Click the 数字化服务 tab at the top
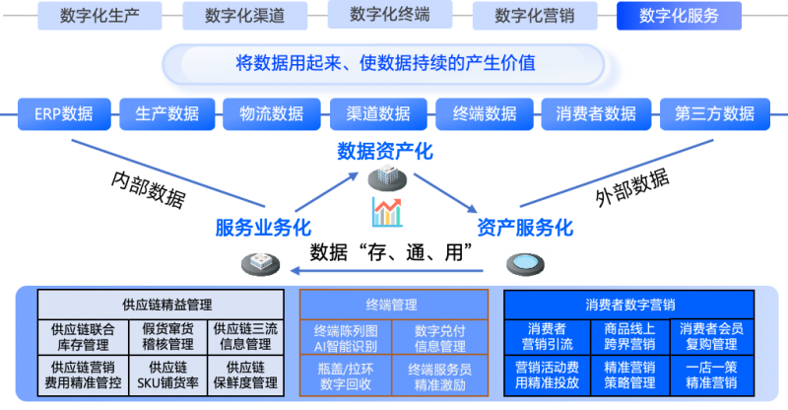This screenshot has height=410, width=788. tap(679, 16)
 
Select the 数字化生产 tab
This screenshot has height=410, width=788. tap(99, 16)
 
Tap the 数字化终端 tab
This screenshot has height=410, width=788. tap(389, 16)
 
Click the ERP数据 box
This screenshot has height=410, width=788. tap(63, 114)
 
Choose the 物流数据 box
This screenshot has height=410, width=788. tap(271, 114)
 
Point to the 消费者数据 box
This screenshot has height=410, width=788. tap(596, 114)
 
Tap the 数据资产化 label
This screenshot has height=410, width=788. tap(384, 152)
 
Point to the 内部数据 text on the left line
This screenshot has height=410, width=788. tap(148, 188)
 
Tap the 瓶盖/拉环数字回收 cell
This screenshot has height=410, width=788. tap(345, 375)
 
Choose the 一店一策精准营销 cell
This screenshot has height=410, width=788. tap(711, 375)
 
